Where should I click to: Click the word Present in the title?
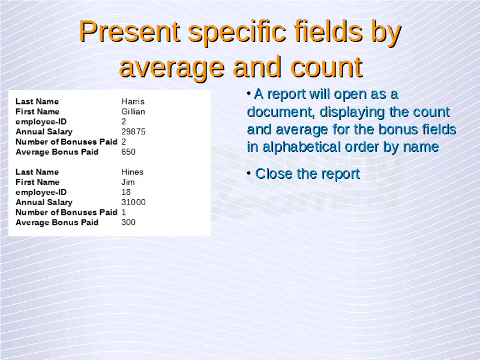pyautogui.click(x=130, y=31)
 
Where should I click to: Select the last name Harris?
pyautogui.click(x=133, y=101)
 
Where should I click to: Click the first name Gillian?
pyautogui.click(x=133, y=112)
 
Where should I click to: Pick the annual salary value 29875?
pyautogui.click(x=133, y=131)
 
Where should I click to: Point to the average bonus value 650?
pyautogui.click(x=128, y=152)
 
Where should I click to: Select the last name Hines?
pyautogui.click(x=132, y=172)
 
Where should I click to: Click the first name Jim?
pyautogui.click(x=128, y=182)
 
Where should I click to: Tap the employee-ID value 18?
pyautogui.click(x=126, y=192)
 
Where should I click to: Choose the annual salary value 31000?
pyautogui.click(x=133, y=202)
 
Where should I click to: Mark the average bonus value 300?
pyautogui.click(x=128, y=222)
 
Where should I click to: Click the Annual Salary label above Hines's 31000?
pyautogui.click(x=44, y=202)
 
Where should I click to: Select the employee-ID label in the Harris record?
pyautogui.click(x=41, y=122)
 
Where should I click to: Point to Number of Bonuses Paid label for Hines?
pyautogui.click(x=67, y=212)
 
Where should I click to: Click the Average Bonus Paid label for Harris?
pyautogui.click(x=57, y=152)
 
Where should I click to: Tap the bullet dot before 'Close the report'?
pyautogui.click(x=249, y=173)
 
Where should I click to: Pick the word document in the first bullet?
pyautogui.click(x=281, y=112)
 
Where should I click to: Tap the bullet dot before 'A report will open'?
pyautogui.click(x=249, y=93)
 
